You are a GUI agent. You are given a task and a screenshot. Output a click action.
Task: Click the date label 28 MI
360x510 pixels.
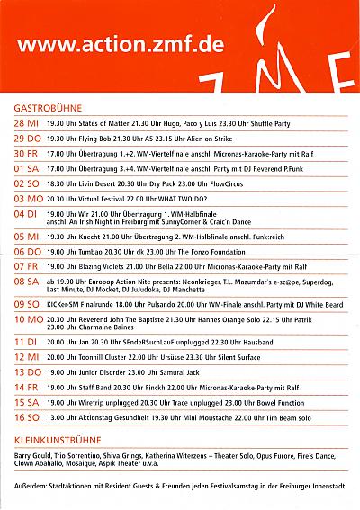click(26, 121)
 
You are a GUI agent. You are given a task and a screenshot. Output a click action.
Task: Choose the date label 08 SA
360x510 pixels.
click(26, 282)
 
